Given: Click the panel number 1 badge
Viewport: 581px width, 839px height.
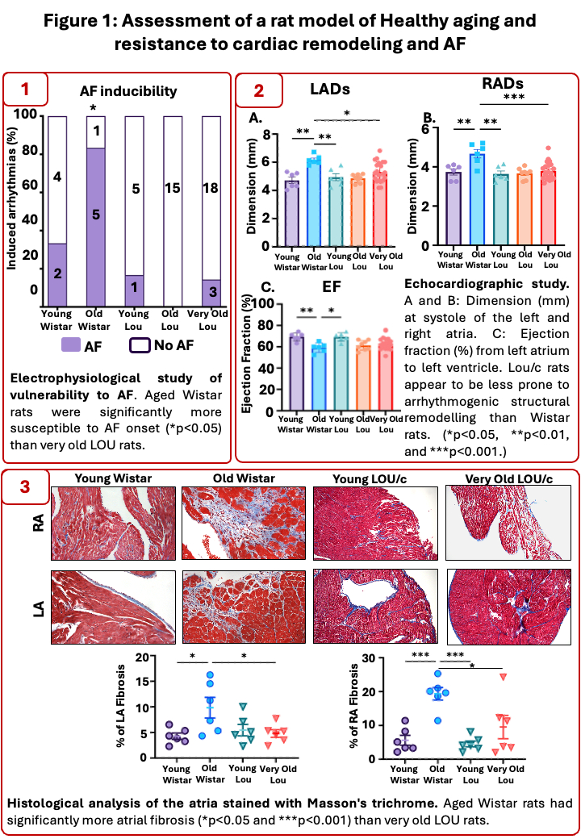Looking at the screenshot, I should pyautogui.click(x=24, y=88).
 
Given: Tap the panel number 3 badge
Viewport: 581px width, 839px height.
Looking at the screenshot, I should pyautogui.click(x=24, y=487).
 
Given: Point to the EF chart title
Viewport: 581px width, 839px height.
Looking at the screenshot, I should pyautogui.click(x=353, y=287).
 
